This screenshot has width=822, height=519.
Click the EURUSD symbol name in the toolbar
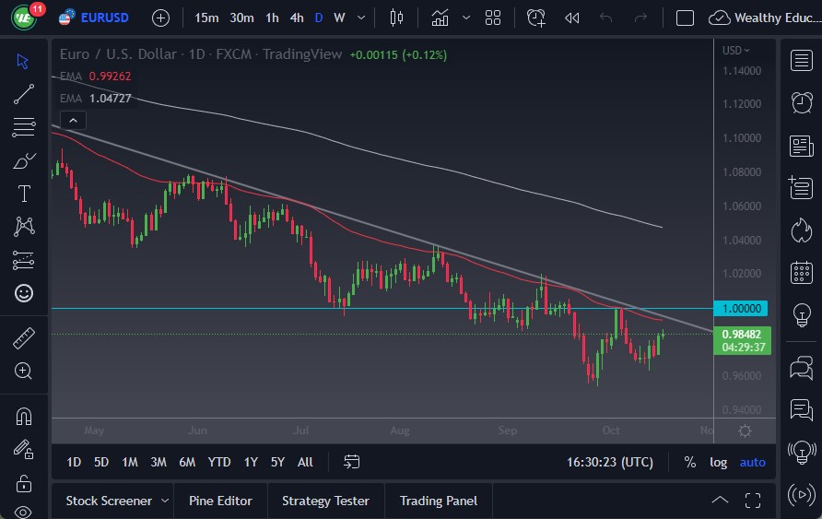coord(104,18)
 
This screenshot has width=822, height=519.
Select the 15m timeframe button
coord(206,18)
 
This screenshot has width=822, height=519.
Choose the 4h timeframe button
coord(296,18)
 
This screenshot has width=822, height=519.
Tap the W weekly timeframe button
coord(339,18)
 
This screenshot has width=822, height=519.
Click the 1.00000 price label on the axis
coord(742,308)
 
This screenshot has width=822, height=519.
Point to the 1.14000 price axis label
coord(742,70)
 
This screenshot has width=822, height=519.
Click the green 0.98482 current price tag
coord(742,334)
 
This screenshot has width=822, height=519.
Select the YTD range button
coord(219,462)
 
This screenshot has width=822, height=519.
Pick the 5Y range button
coord(277,462)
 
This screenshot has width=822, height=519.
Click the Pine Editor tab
coord(220,501)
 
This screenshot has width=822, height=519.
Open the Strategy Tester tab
coord(325,501)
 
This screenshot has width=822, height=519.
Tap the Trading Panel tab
coord(439,501)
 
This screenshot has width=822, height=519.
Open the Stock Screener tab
coord(109,501)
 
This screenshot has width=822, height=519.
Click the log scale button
coord(718,462)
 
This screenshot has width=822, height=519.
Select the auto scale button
coord(752,462)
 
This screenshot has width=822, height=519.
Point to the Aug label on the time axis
coord(399,431)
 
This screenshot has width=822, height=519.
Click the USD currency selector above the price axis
coord(735,51)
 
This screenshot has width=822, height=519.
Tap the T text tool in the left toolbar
coord(24,194)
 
